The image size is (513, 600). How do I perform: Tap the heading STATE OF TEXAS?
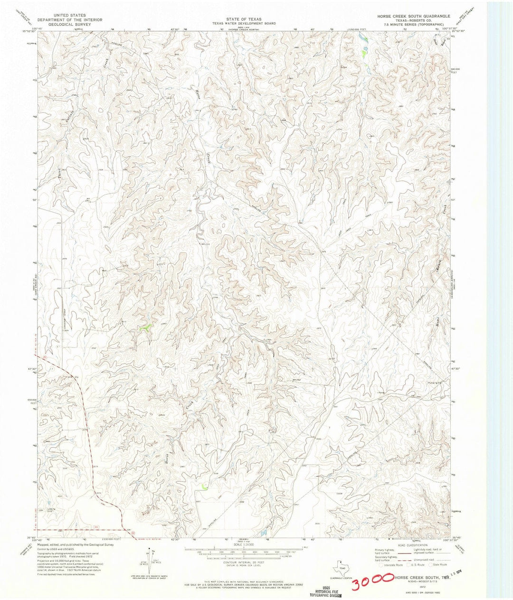pyautogui.click(x=244, y=19)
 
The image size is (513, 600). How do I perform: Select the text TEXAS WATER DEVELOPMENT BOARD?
pyautogui.click(x=244, y=23)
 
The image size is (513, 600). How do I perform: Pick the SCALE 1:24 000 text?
pyautogui.click(x=244, y=544)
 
